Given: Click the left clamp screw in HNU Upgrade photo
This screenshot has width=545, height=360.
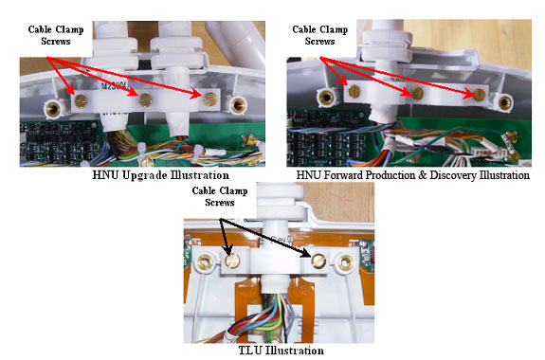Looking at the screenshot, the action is (x=81, y=100).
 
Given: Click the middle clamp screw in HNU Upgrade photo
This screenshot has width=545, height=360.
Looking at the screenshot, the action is (x=145, y=100).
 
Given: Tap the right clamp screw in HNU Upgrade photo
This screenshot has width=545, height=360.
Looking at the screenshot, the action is (x=210, y=99).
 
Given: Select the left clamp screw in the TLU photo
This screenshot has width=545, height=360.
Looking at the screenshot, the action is (x=232, y=261).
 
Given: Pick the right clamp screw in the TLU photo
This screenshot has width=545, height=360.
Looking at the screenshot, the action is (x=318, y=261).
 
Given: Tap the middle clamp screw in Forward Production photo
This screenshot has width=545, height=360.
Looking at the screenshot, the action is (x=417, y=93).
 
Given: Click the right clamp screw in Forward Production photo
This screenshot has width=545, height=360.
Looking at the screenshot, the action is (x=480, y=94).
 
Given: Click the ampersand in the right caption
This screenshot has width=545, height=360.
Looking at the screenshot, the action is (x=423, y=174).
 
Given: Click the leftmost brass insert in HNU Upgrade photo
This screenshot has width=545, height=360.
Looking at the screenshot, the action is (x=53, y=109).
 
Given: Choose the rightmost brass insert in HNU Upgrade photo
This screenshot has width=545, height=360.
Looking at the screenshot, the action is (x=239, y=104).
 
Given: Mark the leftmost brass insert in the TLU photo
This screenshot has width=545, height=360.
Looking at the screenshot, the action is (x=205, y=261).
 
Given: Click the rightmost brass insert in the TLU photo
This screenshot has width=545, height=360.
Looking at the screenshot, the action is (x=346, y=262).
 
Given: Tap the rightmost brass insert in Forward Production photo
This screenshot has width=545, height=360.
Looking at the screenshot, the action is (x=504, y=101).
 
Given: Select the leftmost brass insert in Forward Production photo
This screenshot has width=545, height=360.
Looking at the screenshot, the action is (x=327, y=98).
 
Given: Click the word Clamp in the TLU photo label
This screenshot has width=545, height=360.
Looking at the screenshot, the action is (x=235, y=190).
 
